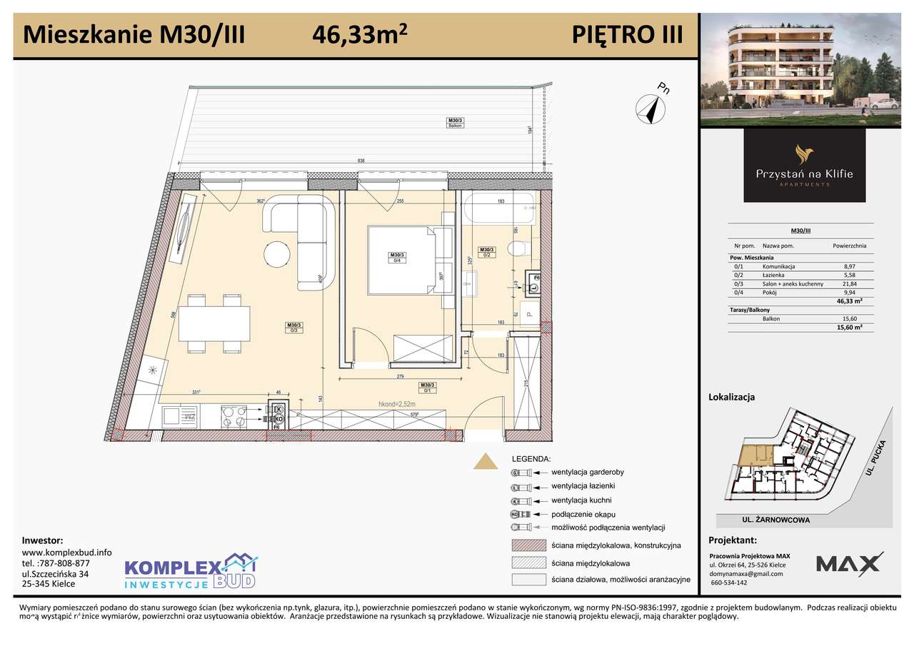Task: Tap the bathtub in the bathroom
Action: [498, 208]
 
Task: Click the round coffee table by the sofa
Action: [278, 253]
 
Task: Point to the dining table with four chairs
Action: [214, 323]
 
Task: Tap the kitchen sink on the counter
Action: [179, 415]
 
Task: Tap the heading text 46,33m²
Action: [360, 34]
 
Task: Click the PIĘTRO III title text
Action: [627, 34]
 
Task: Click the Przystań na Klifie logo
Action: [804, 165]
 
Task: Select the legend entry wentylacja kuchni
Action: [581, 500]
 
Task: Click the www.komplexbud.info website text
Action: [66, 552]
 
